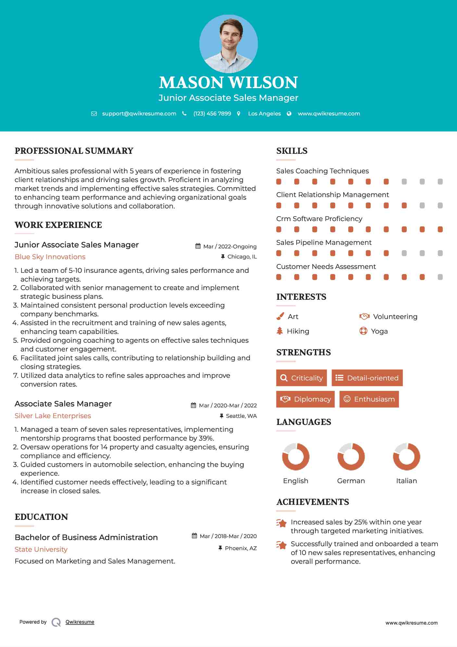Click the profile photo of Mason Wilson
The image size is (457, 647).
228,44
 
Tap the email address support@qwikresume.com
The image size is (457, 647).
139,113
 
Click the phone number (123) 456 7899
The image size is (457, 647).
212,113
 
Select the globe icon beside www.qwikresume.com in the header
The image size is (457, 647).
289,113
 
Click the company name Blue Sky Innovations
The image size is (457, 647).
50,257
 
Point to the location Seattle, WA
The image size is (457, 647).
241,416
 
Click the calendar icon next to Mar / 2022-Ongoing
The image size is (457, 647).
198,246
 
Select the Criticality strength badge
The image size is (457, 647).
301,378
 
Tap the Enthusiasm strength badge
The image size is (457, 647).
369,399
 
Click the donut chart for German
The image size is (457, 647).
351,456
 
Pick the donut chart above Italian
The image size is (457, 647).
406,456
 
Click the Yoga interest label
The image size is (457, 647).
379,331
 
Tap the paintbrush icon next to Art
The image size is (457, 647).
280,316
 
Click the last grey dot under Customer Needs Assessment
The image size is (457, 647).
440,277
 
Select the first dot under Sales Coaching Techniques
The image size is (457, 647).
279,181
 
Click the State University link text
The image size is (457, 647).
41,549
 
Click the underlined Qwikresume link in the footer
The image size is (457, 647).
80,622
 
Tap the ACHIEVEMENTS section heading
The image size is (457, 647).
312,502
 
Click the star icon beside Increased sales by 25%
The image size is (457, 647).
281,523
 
